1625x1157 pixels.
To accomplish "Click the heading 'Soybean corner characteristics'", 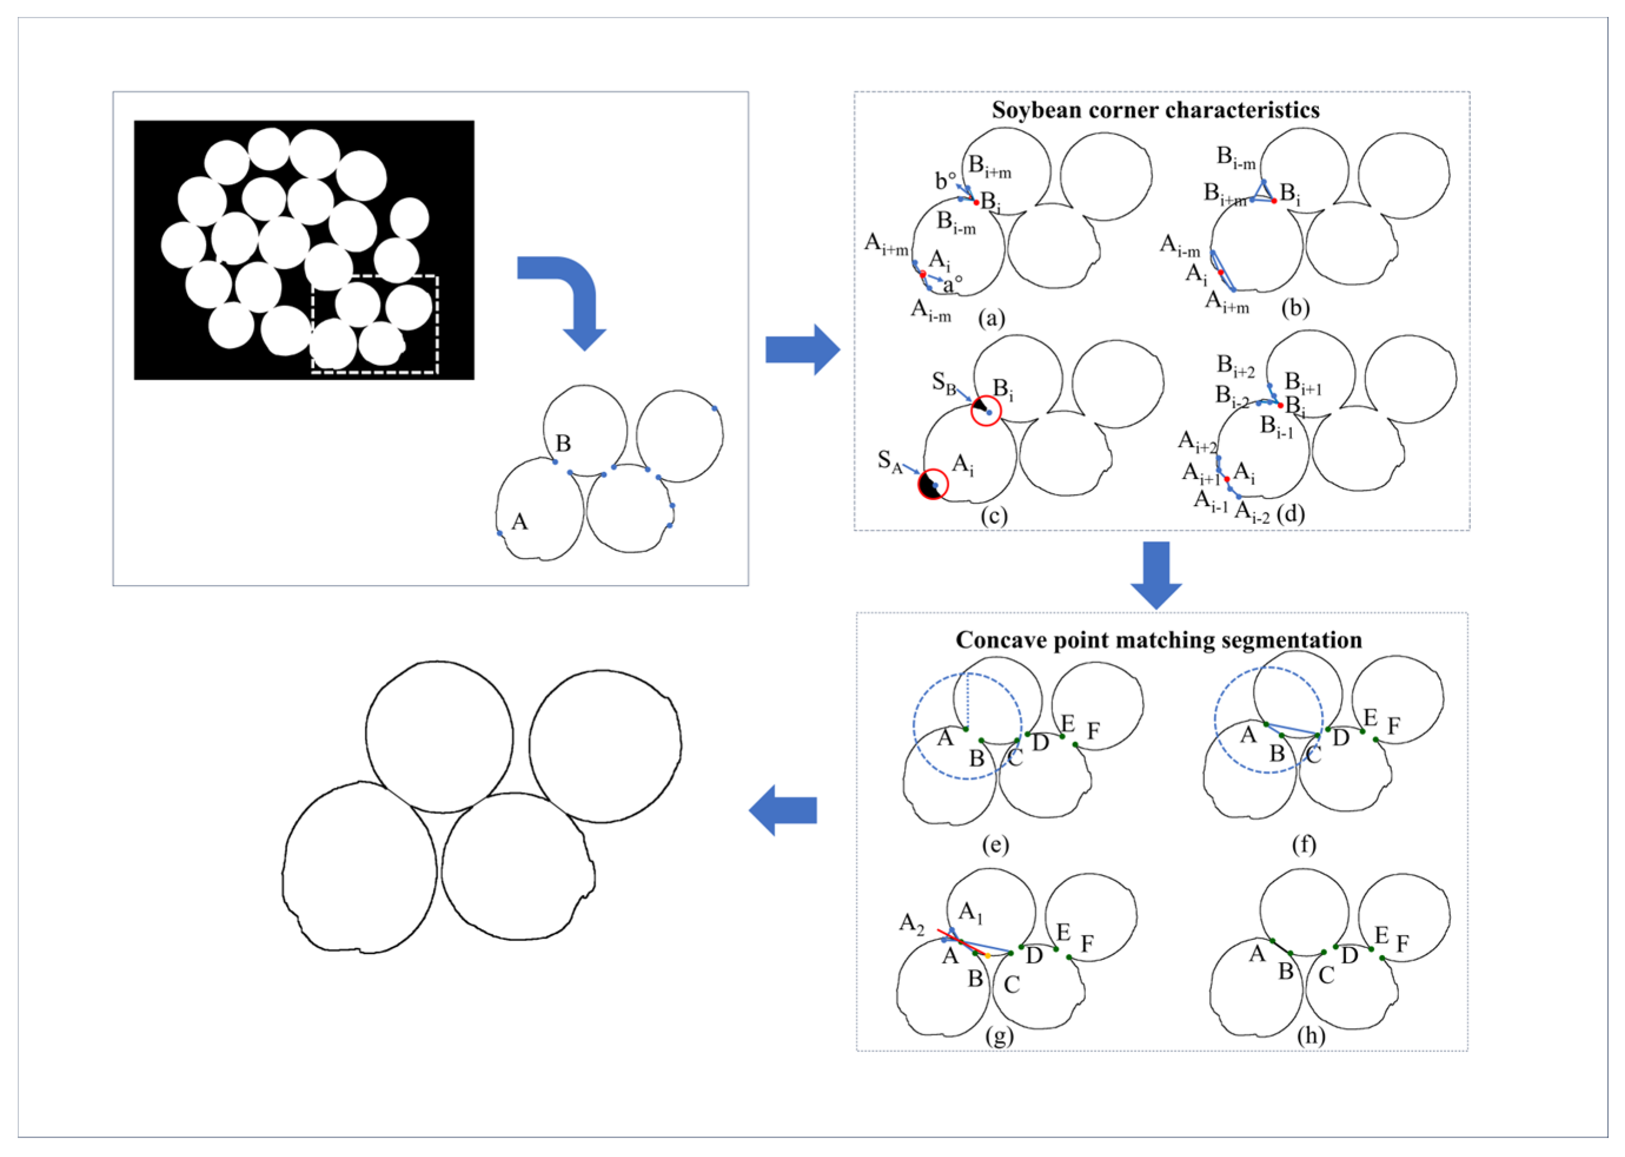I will pyautogui.click(x=1155, y=111).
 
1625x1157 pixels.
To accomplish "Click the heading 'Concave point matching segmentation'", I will pyautogui.click(x=1158, y=640).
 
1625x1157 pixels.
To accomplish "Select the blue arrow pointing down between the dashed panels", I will pyautogui.click(x=1155, y=574).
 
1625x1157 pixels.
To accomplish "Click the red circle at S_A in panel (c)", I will pyautogui.click(x=932, y=484).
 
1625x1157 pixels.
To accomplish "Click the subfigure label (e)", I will pyautogui.click(x=995, y=845).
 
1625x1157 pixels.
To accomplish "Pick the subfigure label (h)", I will pyautogui.click(x=1311, y=1035).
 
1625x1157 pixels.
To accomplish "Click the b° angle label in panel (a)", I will pyautogui.click(x=945, y=182).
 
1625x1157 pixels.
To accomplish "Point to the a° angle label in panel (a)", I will pyautogui.click(x=952, y=285).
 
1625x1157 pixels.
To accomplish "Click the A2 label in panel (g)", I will pyautogui.click(x=911, y=923).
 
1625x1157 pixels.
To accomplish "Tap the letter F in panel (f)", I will pyautogui.click(x=1394, y=726).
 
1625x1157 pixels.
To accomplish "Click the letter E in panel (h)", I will pyautogui.click(x=1381, y=935).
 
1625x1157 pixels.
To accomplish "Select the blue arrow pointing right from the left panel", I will pyautogui.click(x=802, y=349).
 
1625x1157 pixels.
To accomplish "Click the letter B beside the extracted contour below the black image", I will pyautogui.click(x=563, y=443).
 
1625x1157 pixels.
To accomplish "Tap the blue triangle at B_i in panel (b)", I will pyautogui.click(x=1264, y=193).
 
